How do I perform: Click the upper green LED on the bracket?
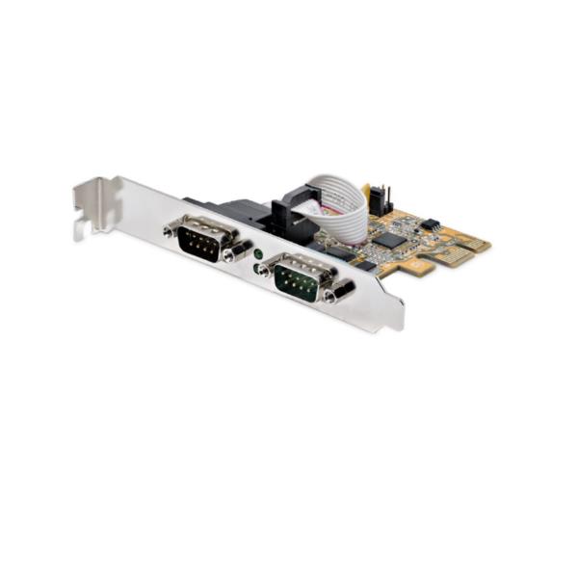coord(258,251)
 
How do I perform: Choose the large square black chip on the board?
coord(389,239)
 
